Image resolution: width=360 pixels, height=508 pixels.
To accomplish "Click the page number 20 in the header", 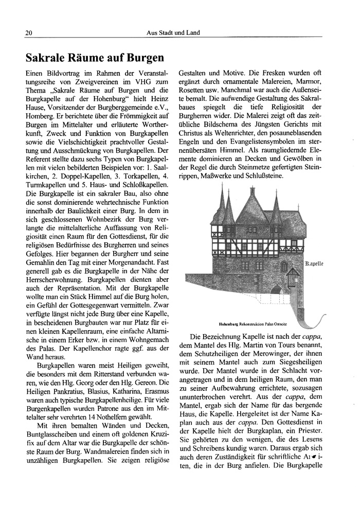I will (x=29, y=33).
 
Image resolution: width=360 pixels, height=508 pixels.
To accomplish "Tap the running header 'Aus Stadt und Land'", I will (x=173, y=33).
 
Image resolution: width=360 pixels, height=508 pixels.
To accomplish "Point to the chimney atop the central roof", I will (x=250, y=186).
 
